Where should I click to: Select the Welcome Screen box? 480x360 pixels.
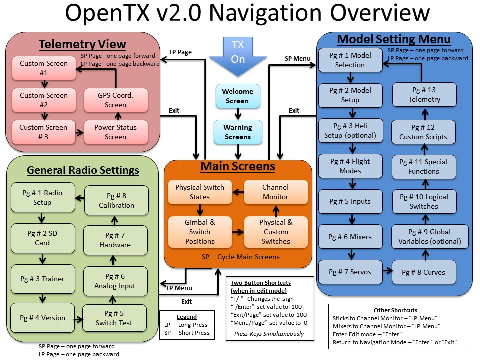coord(238,96)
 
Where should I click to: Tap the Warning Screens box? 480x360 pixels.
coord(238,132)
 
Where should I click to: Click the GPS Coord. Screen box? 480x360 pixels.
coord(115,100)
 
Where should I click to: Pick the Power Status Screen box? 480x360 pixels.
coord(115,132)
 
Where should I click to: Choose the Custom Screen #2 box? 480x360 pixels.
coord(43,100)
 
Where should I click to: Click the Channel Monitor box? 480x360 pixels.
coord(275,192)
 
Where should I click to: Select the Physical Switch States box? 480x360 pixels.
coord(200,192)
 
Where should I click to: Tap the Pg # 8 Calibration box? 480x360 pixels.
coord(116,200)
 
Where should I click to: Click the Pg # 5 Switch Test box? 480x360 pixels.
coord(114,318)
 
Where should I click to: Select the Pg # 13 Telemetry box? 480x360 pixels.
coord(424,94)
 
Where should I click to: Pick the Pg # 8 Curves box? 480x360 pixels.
coord(424,272)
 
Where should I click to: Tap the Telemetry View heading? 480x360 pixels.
coord(83,45)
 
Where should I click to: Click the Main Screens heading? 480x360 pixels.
coord(237,166)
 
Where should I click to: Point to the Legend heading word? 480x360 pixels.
coord(187,317)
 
